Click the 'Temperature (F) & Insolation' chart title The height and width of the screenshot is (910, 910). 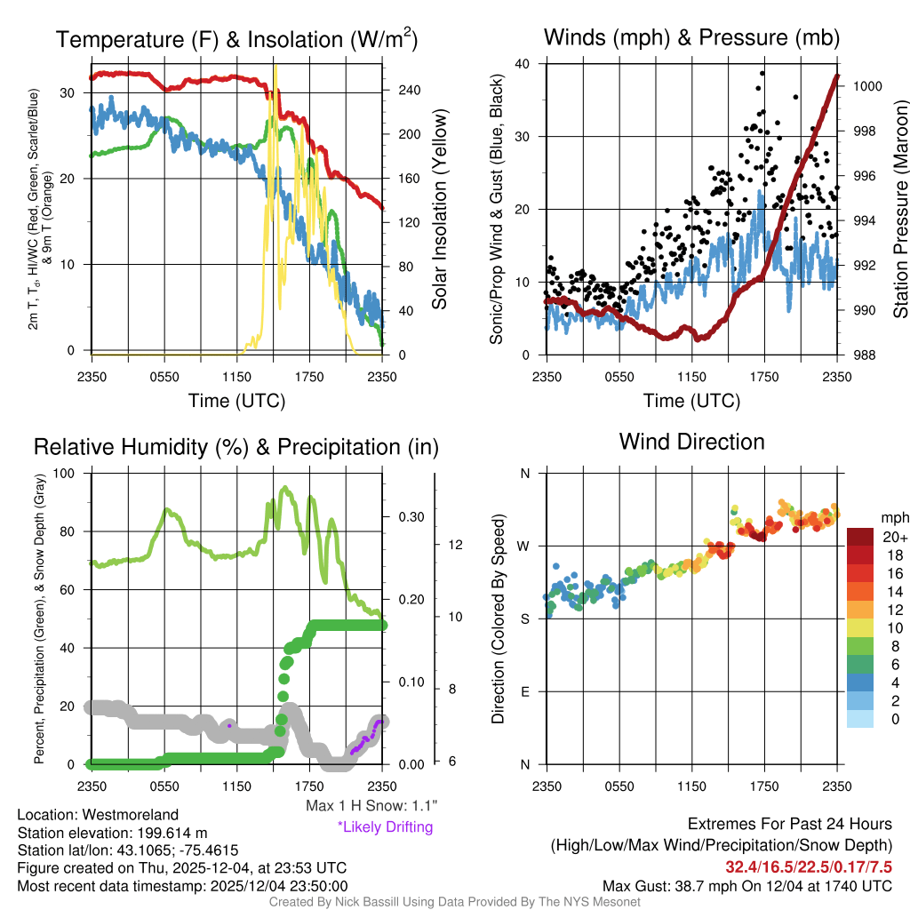coord(236,39)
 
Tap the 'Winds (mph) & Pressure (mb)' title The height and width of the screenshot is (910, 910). coord(691,37)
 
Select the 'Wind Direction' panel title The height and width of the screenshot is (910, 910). coord(691,442)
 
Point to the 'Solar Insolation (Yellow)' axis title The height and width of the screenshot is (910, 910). coord(439,210)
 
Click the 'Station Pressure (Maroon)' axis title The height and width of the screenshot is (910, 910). coord(900,210)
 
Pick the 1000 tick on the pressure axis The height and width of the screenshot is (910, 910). coord(866,87)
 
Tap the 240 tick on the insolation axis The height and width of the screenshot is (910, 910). coord(409,91)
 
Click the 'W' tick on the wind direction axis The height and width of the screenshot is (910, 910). coord(525,546)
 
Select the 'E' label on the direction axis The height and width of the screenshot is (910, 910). coord(525,691)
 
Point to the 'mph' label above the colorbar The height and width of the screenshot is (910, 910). coord(893,517)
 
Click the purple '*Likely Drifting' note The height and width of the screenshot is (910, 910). coord(385,827)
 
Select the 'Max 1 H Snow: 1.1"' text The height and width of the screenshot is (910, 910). coord(371,806)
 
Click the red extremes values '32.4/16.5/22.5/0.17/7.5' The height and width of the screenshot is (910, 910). coord(809,866)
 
